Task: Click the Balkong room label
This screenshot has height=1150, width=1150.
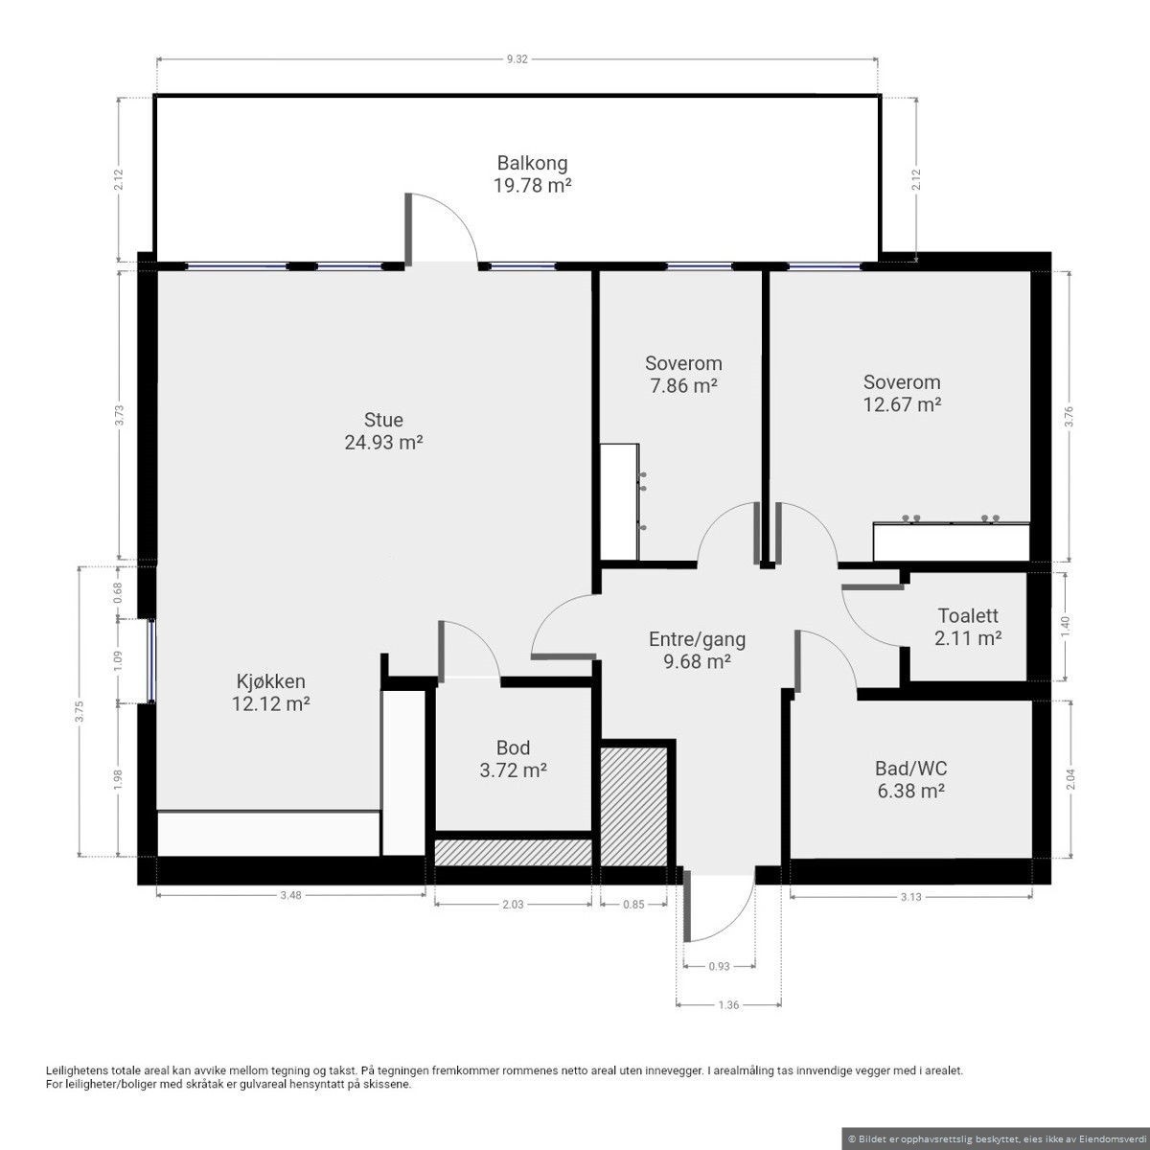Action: coord(532,174)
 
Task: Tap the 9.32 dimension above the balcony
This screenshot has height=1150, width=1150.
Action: coord(517,59)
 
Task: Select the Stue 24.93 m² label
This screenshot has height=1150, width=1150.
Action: coord(383,431)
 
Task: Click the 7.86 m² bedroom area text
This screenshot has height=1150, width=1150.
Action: coord(683,386)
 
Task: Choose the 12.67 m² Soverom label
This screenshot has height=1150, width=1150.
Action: coord(903,393)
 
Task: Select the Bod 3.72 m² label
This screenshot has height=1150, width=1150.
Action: coord(514,758)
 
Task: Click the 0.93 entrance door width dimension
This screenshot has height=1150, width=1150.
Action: coord(719,966)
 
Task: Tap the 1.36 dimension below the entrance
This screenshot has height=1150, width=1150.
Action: coord(728,1005)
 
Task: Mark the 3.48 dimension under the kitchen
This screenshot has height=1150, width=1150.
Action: coord(290,895)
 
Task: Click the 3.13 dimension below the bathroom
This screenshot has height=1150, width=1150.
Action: coord(911,896)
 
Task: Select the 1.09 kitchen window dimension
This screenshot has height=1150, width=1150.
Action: coord(118,660)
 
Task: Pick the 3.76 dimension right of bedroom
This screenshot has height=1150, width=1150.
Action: coord(1069,416)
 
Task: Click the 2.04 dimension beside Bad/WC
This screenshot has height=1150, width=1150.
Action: coord(1070,779)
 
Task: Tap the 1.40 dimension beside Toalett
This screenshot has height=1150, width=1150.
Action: coord(1068,626)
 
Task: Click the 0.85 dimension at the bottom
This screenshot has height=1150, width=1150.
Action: coord(633,904)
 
